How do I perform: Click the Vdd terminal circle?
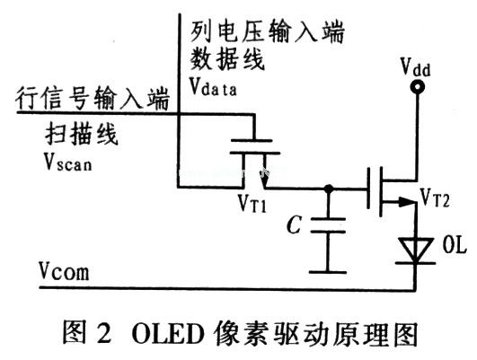[415, 87]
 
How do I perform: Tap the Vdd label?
[415, 65]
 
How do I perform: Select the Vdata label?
[216, 88]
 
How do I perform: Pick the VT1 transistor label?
[255, 206]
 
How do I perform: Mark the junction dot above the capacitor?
[329, 189]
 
